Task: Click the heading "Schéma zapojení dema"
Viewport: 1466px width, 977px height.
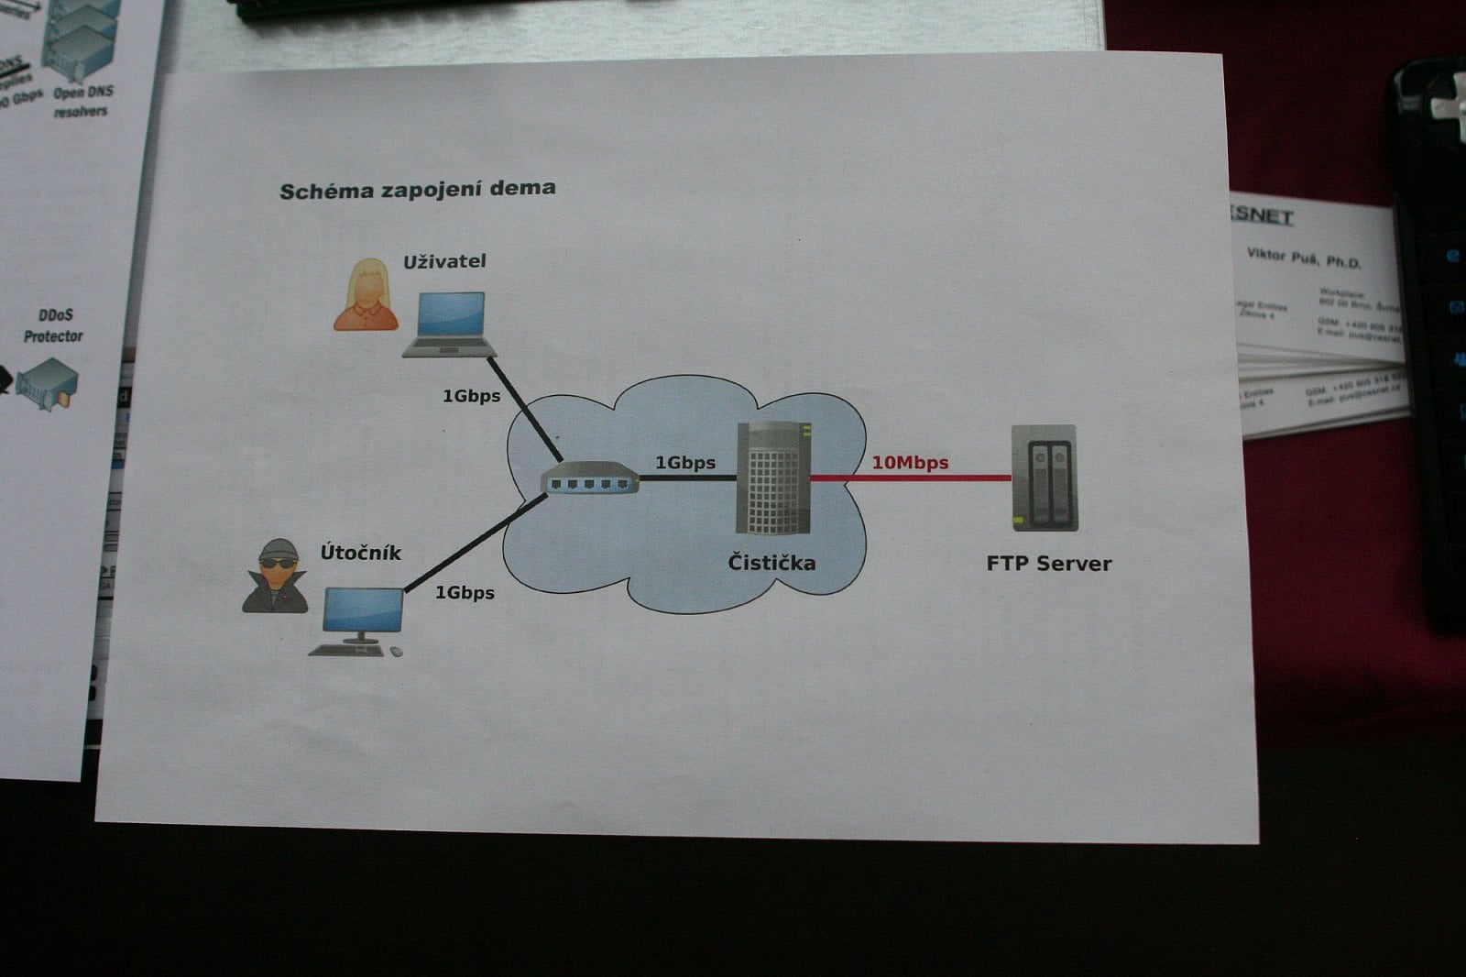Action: [417, 190]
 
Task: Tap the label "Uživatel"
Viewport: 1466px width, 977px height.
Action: [444, 261]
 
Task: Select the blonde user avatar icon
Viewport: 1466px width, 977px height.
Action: [366, 294]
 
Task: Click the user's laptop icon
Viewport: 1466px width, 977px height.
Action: [450, 324]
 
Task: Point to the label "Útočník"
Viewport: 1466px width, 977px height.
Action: [360, 553]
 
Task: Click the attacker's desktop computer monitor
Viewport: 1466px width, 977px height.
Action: [363, 610]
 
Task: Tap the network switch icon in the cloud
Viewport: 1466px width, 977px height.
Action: [590, 479]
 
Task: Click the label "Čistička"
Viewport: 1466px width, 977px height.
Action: [771, 562]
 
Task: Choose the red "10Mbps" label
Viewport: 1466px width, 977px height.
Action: [909, 463]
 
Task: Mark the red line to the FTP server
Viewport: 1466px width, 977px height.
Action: [911, 478]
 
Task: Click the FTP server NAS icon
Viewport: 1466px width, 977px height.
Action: [1045, 478]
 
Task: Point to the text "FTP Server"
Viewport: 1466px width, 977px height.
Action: [1048, 564]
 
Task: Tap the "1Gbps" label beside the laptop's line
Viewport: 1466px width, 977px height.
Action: [471, 396]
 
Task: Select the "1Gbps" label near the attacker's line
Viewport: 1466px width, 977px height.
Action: [465, 593]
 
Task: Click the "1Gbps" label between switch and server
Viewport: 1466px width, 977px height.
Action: [684, 463]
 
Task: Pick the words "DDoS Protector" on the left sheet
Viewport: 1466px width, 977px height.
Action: [53, 325]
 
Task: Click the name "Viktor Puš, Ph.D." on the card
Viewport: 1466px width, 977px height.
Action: [1303, 258]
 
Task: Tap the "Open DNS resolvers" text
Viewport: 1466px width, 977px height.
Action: [82, 101]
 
